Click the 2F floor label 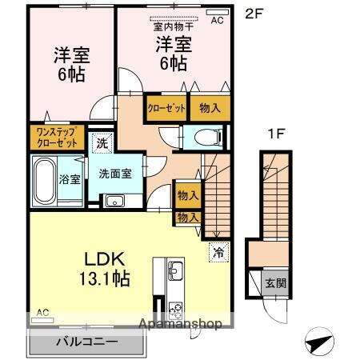(254, 14)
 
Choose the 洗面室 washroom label (115, 174)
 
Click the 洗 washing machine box (102, 144)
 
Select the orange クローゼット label (166, 107)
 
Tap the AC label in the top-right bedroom (217, 22)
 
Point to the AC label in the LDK (42, 312)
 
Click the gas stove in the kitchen (176, 308)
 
